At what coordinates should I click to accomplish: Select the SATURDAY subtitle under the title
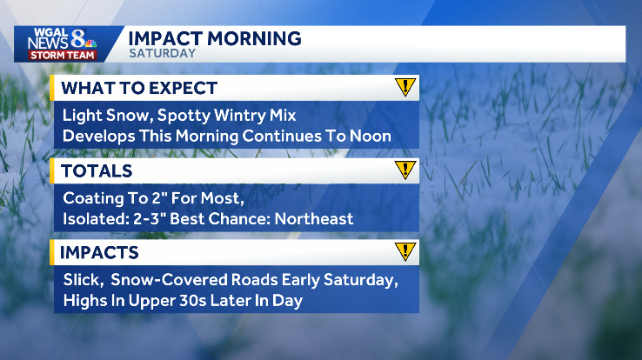tap(162, 53)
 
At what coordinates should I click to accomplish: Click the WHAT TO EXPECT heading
tap(139, 88)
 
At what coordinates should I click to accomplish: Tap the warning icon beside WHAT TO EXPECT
tap(405, 87)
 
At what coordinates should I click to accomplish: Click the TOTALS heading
tap(97, 170)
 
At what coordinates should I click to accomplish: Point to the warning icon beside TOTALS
tap(405, 170)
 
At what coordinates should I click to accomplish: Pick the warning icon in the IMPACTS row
tap(405, 252)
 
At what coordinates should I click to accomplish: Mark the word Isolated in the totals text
tap(94, 218)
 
